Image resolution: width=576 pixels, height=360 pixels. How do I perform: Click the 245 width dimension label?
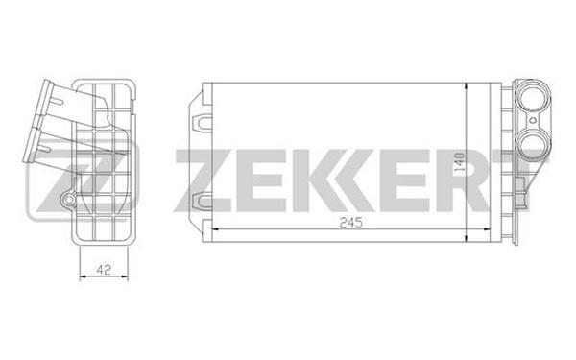(x=350, y=223)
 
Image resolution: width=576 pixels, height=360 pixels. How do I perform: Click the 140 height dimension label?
(x=459, y=162)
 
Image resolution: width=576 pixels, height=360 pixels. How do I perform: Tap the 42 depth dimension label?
(x=104, y=270)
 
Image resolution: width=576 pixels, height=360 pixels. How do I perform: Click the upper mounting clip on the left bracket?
(x=202, y=121)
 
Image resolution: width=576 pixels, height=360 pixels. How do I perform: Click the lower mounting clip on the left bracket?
(x=202, y=202)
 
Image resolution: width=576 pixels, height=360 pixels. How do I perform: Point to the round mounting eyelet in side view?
(x=69, y=200)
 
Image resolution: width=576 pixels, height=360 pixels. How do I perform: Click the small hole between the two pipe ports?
(x=532, y=120)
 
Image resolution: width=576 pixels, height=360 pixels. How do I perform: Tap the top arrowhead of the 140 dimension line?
(x=466, y=86)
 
